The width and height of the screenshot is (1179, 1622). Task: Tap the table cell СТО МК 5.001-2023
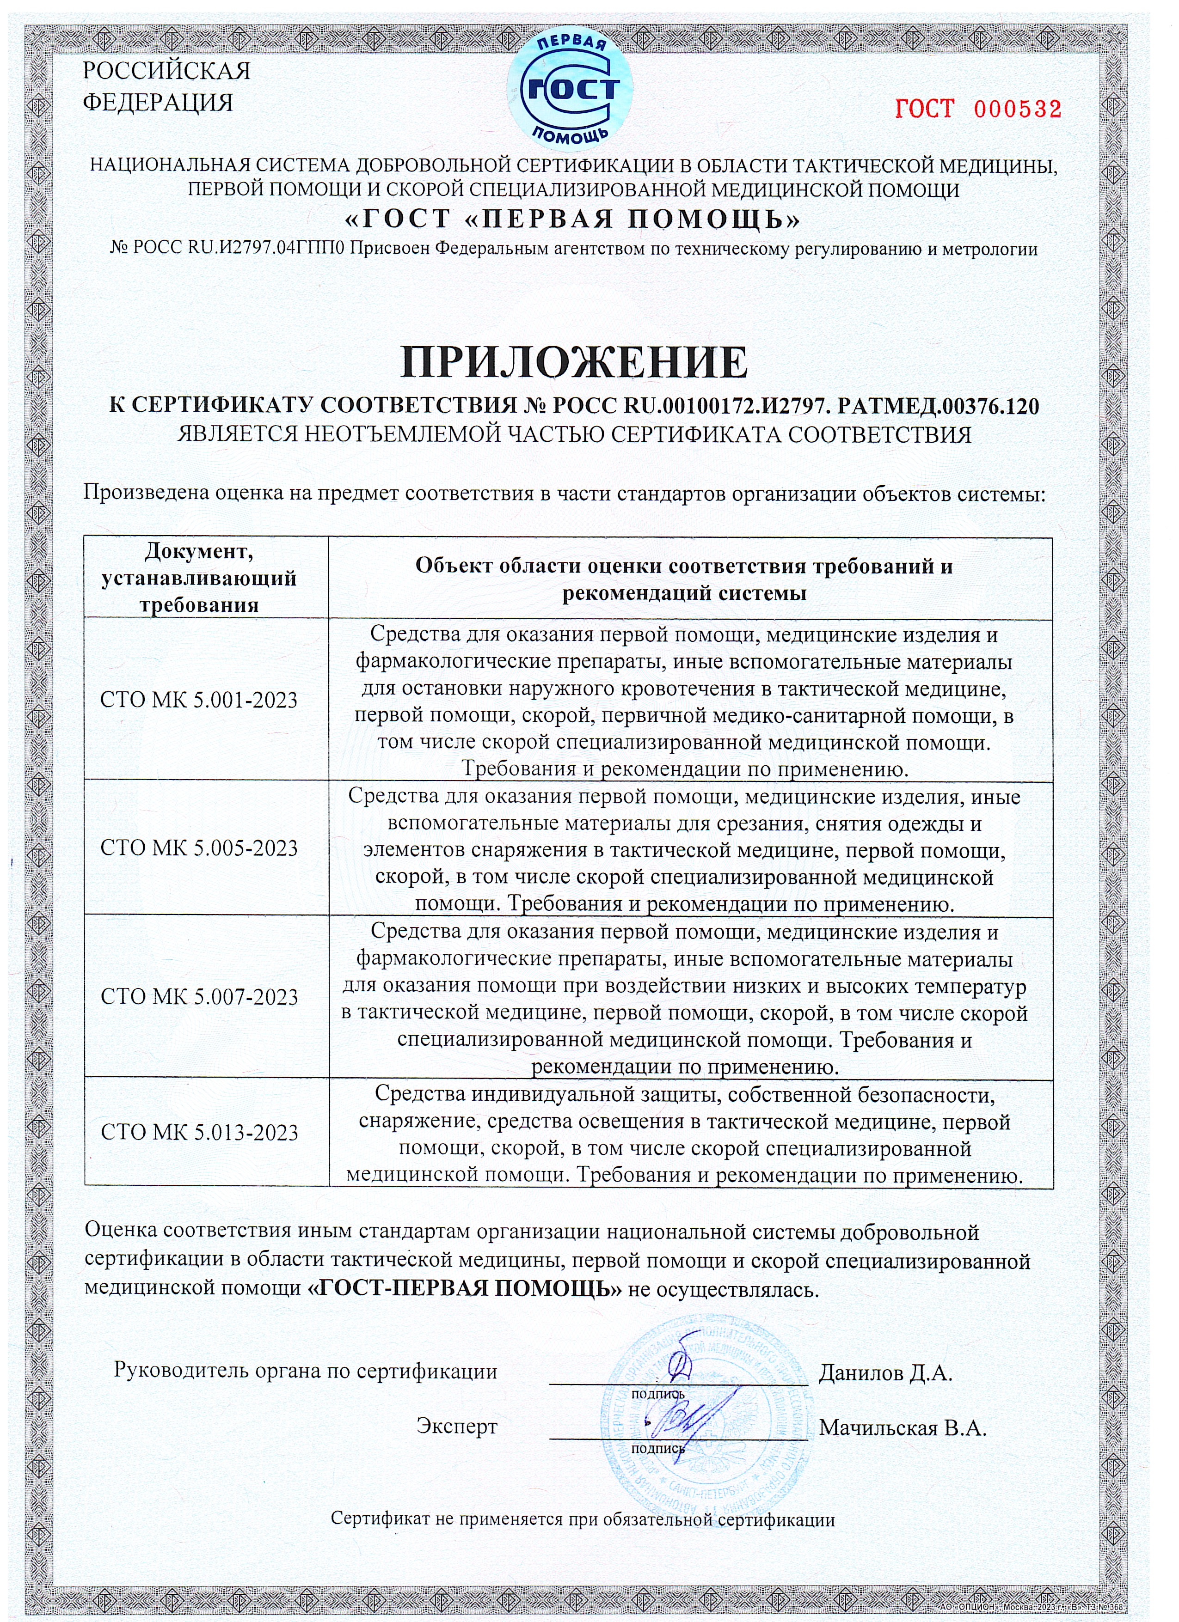(x=199, y=700)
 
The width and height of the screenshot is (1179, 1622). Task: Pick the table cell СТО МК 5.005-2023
(x=199, y=848)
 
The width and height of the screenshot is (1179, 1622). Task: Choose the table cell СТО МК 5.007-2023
(x=199, y=997)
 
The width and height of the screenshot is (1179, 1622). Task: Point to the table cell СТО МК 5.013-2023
(x=199, y=1133)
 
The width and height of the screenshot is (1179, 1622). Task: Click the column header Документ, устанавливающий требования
(x=199, y=578)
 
